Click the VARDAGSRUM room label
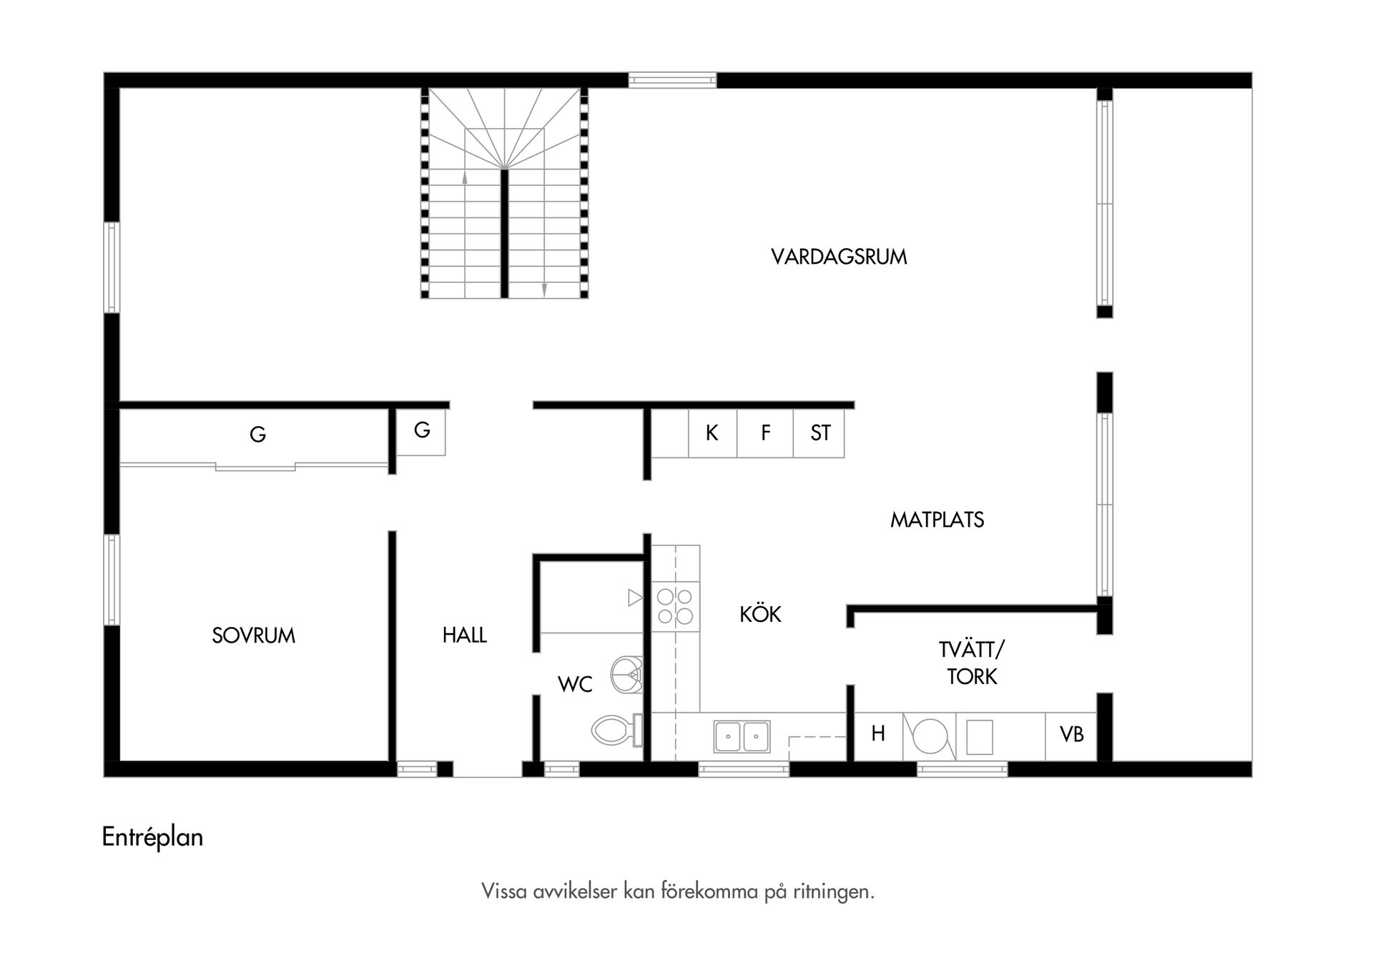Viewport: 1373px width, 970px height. (839, 257)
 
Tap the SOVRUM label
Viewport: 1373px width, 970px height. (253, 635)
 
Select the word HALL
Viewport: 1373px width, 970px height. (464, 635)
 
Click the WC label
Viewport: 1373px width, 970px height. (575, 685)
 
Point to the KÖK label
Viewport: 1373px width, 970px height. (760, 614)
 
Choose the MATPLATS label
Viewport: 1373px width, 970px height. (937, 520)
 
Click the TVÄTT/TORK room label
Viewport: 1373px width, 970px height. (971, 663)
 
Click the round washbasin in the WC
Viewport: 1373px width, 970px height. (627, 673)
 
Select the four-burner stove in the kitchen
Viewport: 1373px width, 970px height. (675, 606)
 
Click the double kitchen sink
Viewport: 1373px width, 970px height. (742, 736)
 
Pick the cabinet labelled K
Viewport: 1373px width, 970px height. (712, 433)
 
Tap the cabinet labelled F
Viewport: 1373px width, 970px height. (765, 433)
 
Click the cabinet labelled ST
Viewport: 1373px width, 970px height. (820, 433)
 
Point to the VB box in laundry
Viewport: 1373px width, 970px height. (1071, 735)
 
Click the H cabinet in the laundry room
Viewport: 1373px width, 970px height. (878, 734)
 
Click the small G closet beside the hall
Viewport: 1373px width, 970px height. (422, 431)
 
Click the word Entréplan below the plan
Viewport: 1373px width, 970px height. (152, 837)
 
